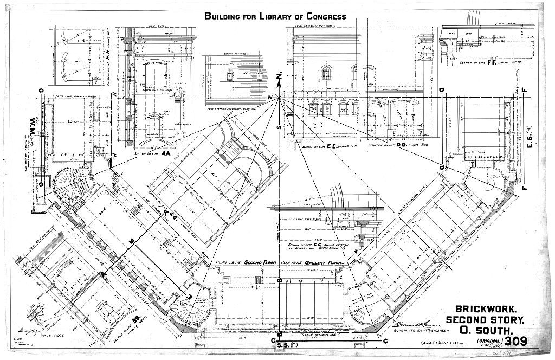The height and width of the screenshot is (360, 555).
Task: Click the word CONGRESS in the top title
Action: point(325,16)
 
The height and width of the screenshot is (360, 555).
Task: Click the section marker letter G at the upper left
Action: point(41,89)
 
